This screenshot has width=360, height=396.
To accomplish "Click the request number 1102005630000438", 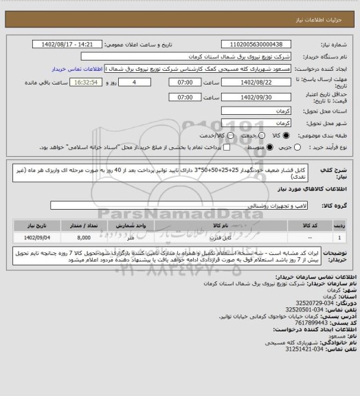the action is (251, 43).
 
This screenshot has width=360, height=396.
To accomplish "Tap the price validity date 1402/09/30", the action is (251, 98).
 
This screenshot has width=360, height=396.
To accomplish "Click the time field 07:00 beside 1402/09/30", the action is (188, 98).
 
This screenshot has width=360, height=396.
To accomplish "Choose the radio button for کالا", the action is (293, 135).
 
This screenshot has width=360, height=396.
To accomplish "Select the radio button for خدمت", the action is (267, 135).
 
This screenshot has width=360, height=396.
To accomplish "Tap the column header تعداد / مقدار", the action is (84, 225).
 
